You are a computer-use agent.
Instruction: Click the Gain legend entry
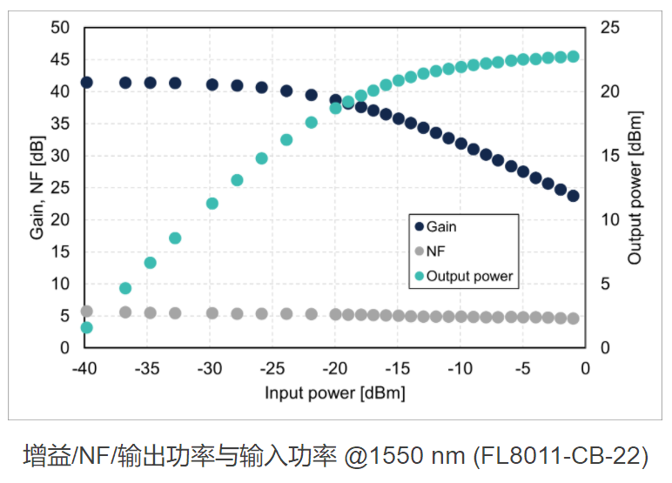[x=440, y=226]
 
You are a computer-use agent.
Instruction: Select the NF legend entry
[x=436, y=252]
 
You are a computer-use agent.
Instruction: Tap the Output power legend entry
[x=469, y=277]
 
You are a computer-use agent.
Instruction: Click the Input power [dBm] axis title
[x=335, y=392]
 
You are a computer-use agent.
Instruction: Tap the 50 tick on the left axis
[x=59, y=28]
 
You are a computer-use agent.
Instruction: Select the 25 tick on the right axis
[x=609, y=28]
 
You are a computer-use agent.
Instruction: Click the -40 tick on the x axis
[x=85, y=367]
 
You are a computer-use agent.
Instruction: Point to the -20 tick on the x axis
[x=335, y=367]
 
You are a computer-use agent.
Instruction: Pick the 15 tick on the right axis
[x=609, y=156]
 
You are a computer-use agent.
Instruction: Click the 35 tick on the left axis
[x=59, y=124]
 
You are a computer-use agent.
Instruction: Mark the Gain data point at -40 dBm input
[x=86, y=83]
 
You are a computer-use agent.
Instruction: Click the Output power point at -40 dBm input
[x=86, y=327]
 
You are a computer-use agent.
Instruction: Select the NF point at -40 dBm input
[x=86, y=312]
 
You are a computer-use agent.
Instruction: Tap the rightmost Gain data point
[x=573, y=196]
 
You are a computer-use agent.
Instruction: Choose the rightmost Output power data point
[x=573, y=57]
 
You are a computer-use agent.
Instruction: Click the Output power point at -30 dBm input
[x=212, y=204]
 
